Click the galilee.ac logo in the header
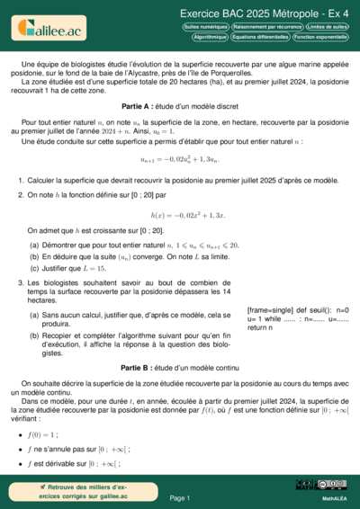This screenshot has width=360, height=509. tap(49, 30)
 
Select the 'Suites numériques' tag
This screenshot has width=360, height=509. tap(205, 28)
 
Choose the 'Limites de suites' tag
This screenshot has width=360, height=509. tap(328, 28)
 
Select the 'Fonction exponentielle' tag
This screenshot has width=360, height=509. tap(319, 38)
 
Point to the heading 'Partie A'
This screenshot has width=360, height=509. tap(180, 105)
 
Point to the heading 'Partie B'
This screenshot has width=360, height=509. tap(180, 368)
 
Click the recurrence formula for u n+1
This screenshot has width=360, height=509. tap(180, 159)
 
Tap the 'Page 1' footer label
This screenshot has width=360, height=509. tap(180, 497)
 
